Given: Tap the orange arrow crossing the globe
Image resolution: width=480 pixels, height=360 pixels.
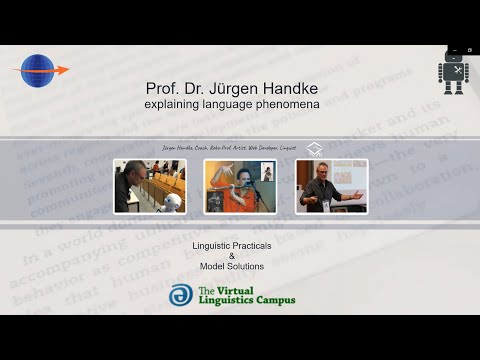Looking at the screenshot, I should click(55, 70).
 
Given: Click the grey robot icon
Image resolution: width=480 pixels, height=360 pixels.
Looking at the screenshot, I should click(453, 73).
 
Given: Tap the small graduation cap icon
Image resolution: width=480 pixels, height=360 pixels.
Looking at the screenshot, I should click(315, 148).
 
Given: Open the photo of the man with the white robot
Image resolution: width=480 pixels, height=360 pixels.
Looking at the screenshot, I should click(149, 185).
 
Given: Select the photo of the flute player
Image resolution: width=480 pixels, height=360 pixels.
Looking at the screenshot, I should click(240, 185).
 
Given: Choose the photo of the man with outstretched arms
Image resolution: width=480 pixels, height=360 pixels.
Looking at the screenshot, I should click(331, 185).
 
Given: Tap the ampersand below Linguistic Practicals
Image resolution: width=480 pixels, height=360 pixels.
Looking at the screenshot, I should click(230, 256).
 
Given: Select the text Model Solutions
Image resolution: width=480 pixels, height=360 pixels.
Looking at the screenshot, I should click(230, 267).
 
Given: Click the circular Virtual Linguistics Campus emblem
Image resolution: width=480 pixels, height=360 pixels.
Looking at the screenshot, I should click(181, 295).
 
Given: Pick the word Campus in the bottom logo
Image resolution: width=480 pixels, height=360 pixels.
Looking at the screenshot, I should click(269, 300).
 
